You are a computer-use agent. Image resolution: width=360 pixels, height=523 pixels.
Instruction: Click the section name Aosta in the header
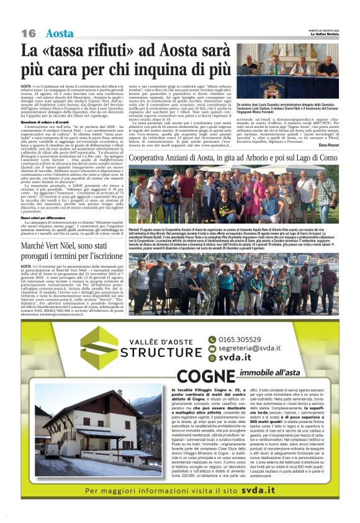coord(60,33)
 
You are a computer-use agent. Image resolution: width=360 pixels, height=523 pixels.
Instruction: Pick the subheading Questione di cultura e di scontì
coord(50,105)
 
